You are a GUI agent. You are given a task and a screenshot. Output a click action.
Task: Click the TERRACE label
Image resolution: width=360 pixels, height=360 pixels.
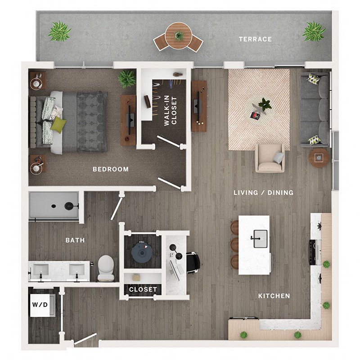pyautogui.click(x=255, y=39)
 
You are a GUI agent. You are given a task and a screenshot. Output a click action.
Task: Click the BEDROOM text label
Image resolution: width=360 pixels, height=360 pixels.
pyautogui.click(x=111, y=169)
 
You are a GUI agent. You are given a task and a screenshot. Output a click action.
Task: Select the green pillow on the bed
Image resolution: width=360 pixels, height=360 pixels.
pyautogui.click(x=58, y=125)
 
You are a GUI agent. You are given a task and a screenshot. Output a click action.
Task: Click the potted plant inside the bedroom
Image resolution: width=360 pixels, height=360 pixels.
pyautogui.click(x=126, y=78)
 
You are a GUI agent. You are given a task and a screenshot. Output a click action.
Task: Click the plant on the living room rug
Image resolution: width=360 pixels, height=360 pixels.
pyautogui.click(x=265, y=105)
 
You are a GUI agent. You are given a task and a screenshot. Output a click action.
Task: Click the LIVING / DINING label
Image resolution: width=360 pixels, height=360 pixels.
pyautogui.click(x=263, y=193)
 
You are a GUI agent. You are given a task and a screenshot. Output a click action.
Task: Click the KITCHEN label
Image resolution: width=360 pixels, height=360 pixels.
pyautogui.click(x=274, y=296)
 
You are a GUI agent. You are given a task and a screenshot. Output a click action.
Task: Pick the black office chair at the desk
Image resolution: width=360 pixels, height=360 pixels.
pyautogui.click(x=193, y=263)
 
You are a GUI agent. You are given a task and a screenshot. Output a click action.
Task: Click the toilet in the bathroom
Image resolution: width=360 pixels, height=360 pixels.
pyautogui.click(x=106, y=268)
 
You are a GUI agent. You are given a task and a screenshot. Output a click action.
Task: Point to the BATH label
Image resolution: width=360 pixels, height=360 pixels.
pyautogui.click(x=75, y=240)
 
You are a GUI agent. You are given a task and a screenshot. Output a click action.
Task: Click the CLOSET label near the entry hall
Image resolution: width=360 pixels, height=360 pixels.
pyautogui.click(x=143, y=289)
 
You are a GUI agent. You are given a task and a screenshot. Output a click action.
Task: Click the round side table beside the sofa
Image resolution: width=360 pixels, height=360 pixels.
pyautogui.click(x=319, y=157)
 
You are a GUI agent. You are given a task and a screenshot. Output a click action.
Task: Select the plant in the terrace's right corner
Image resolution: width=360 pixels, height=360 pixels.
pyautogui.click(x=314, y=31)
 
